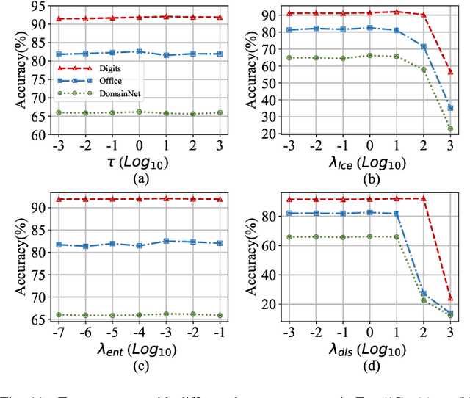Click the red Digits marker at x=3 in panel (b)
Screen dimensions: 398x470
(450, 72)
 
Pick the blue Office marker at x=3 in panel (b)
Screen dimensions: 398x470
(450, 108)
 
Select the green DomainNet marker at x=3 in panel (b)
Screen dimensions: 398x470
(450, 129)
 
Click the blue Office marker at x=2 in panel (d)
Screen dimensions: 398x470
(423, 293)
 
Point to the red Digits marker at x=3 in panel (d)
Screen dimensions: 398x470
(450, 298)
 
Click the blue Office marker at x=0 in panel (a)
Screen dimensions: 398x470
(140, 52)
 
